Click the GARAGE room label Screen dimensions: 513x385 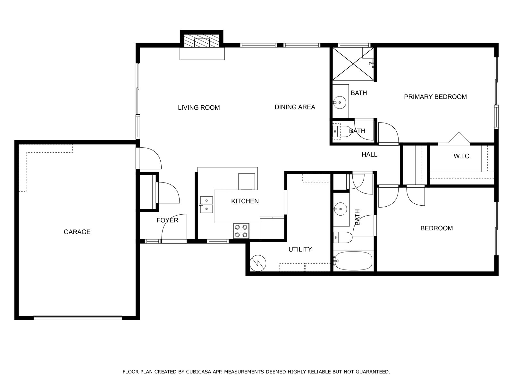[77, 232]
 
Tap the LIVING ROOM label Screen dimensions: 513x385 [199, 107]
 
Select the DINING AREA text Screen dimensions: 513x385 [295, 107]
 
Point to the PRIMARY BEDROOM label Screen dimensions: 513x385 [435, 97]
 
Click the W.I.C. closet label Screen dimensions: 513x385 [462, 156]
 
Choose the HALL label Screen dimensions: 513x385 [369, 155]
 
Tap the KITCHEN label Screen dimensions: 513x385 [245, 201]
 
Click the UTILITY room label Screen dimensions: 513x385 [300, 249]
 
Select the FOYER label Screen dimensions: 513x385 [167, 220]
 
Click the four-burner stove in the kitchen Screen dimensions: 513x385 [241, 231]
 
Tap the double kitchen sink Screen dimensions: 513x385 [206, 205]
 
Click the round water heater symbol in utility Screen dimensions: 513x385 [258, 263]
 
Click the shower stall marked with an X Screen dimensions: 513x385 [353, 64]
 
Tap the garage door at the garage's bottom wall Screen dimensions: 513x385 [78, 318]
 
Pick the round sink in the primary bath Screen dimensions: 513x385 [340, 102]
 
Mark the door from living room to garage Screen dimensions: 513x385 [149, 158]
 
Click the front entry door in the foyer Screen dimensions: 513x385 [174, 227]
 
